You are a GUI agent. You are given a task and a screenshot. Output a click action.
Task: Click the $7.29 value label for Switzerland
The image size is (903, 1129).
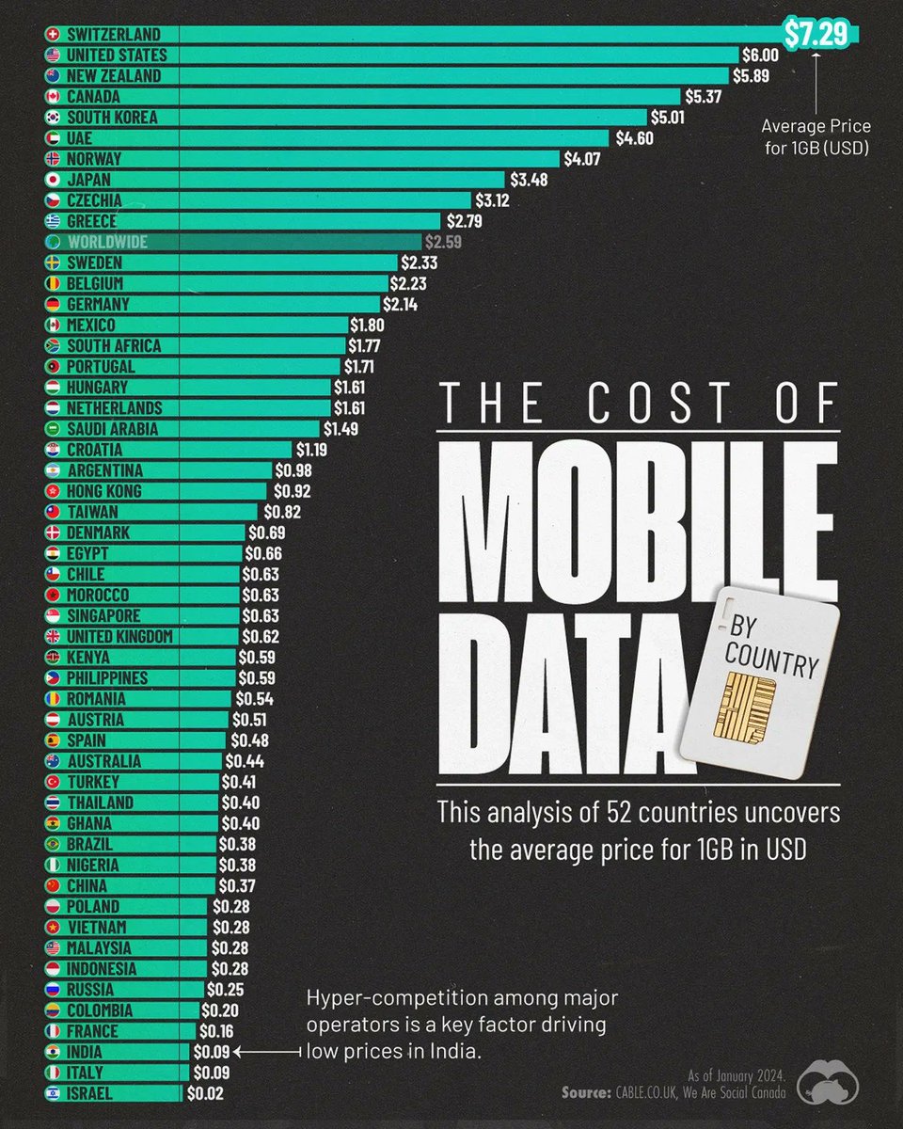[x=823, y=34]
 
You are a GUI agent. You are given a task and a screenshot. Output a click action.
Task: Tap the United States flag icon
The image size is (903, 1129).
[x=54, y=56]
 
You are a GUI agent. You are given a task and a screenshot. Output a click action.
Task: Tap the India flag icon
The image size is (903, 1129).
[x=54, y=1052]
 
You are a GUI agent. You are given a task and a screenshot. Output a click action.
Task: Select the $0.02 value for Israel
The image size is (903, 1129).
[x=206, y=1093]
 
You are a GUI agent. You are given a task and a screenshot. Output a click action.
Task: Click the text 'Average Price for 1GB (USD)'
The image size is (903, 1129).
[x=816, y=135]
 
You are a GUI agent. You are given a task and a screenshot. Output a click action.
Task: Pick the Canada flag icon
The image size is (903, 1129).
[x=54, y=97]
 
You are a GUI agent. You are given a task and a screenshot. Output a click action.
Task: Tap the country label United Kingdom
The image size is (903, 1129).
[x=119, y=637]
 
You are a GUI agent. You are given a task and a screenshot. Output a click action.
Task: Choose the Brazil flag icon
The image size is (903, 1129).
[x=54, y=844]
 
